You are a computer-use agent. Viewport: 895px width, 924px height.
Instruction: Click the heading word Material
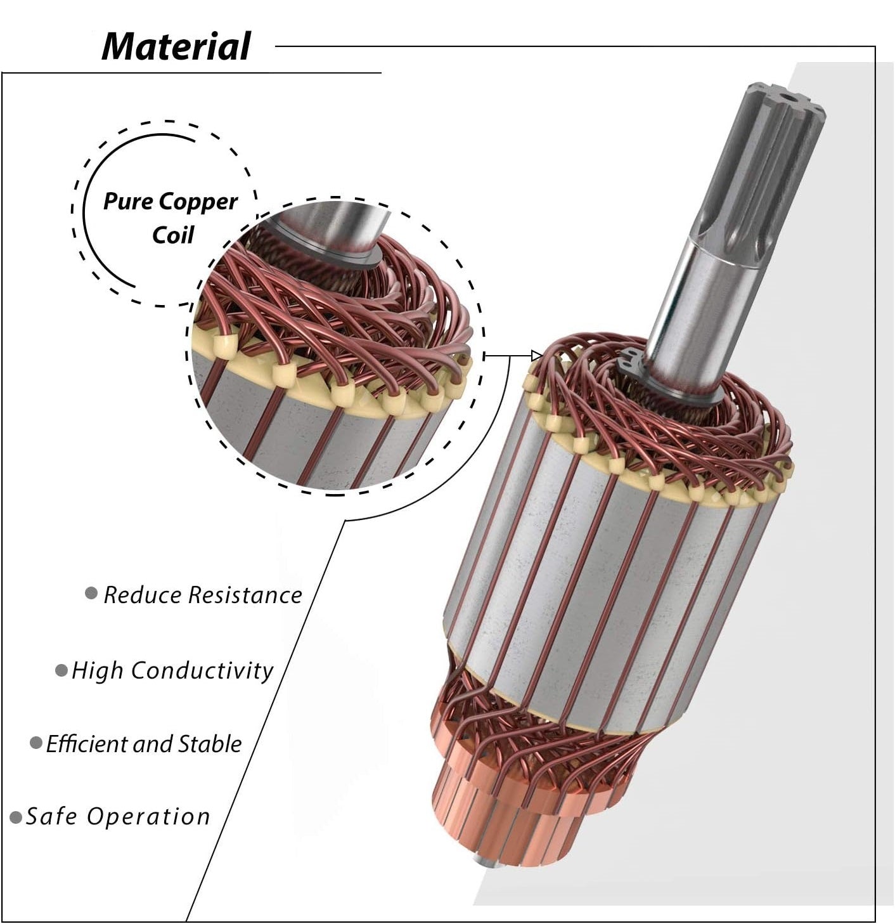(x=176, y=46)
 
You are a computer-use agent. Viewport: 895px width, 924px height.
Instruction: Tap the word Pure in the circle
(x=129, y=202)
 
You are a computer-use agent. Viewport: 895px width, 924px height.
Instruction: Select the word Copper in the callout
(x=198, y=202)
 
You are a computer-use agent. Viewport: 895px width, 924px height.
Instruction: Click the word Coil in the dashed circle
(x=172, y=235)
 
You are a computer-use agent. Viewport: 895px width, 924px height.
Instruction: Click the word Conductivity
(x=202, y=670)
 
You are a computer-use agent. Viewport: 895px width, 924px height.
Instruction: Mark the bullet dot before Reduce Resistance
(x=91, y=594)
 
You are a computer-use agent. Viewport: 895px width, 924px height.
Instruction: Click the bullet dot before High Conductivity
(x=61, y=670)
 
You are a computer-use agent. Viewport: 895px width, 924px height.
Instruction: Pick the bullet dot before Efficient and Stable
(x=36, y=743)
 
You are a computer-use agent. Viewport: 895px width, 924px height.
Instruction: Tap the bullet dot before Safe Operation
(x=16, y=817)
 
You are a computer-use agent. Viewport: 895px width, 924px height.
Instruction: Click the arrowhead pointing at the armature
(x=537, y=356)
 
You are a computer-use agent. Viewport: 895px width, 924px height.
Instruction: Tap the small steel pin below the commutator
(x=482, y=864)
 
